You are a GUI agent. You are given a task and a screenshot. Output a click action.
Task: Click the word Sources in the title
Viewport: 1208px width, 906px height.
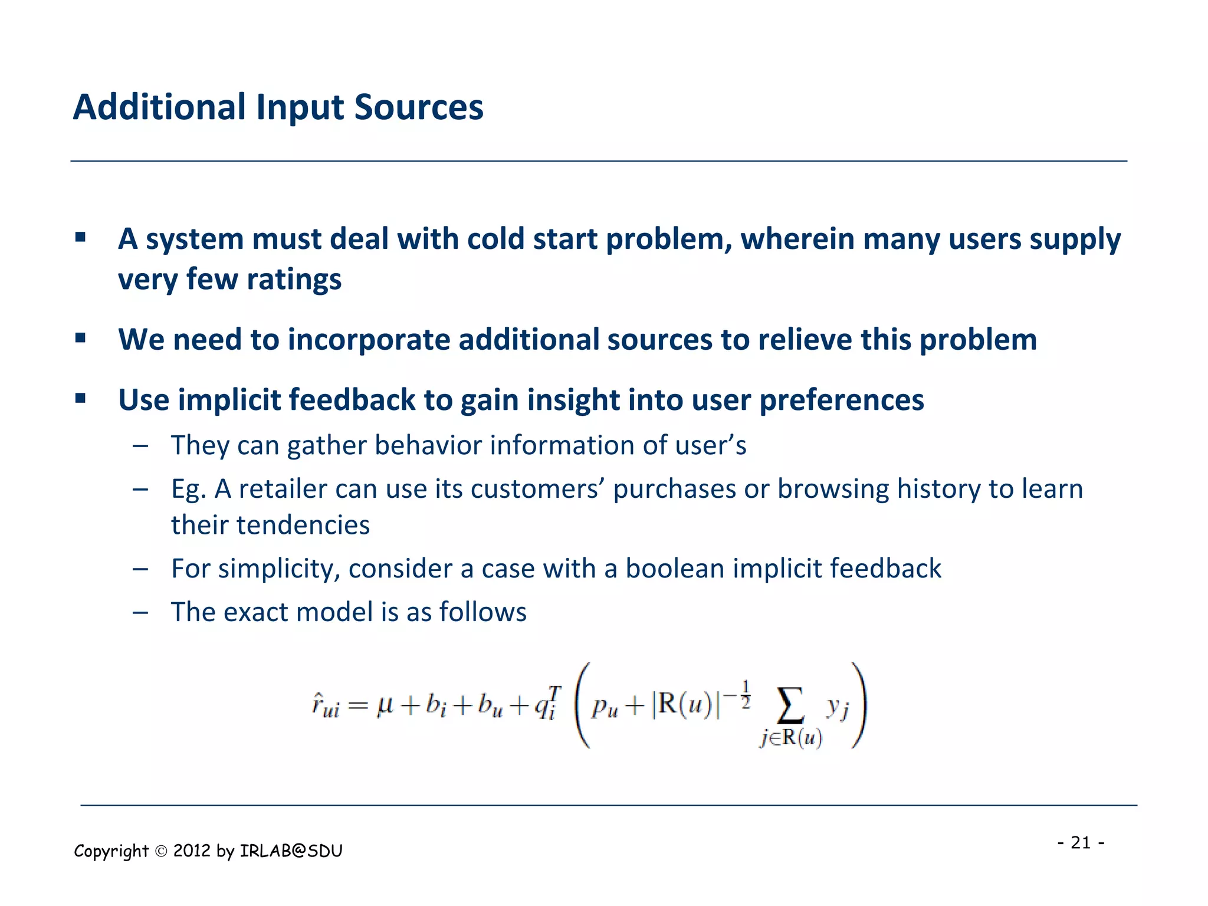tap(418, 107)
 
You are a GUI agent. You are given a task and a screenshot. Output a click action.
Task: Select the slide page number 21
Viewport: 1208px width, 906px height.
tap(1081, 842)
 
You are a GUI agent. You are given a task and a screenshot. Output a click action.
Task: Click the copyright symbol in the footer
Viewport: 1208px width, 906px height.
tap(161, 851)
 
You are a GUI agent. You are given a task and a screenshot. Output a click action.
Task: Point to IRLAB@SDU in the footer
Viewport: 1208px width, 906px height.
tap(291, 851)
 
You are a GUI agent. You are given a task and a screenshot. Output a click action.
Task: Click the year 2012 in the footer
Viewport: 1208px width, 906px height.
tap(192, 851)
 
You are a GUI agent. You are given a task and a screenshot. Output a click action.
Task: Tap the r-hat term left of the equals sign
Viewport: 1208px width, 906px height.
tap(325, 706)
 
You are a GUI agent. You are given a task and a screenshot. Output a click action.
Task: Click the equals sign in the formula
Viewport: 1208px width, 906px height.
tap(358, 706)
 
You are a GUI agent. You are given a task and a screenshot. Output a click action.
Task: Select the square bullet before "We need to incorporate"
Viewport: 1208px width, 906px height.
tap(81, 339)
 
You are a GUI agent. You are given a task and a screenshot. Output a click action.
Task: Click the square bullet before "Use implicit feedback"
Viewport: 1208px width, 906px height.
tap(81, 399)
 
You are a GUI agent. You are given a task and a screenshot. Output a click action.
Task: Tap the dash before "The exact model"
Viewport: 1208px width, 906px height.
tap(140, 612)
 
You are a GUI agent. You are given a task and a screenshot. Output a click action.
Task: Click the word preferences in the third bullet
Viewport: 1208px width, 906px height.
tap(841, 401)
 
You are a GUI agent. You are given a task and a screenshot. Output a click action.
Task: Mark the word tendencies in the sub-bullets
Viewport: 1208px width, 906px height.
tap(303, 525)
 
